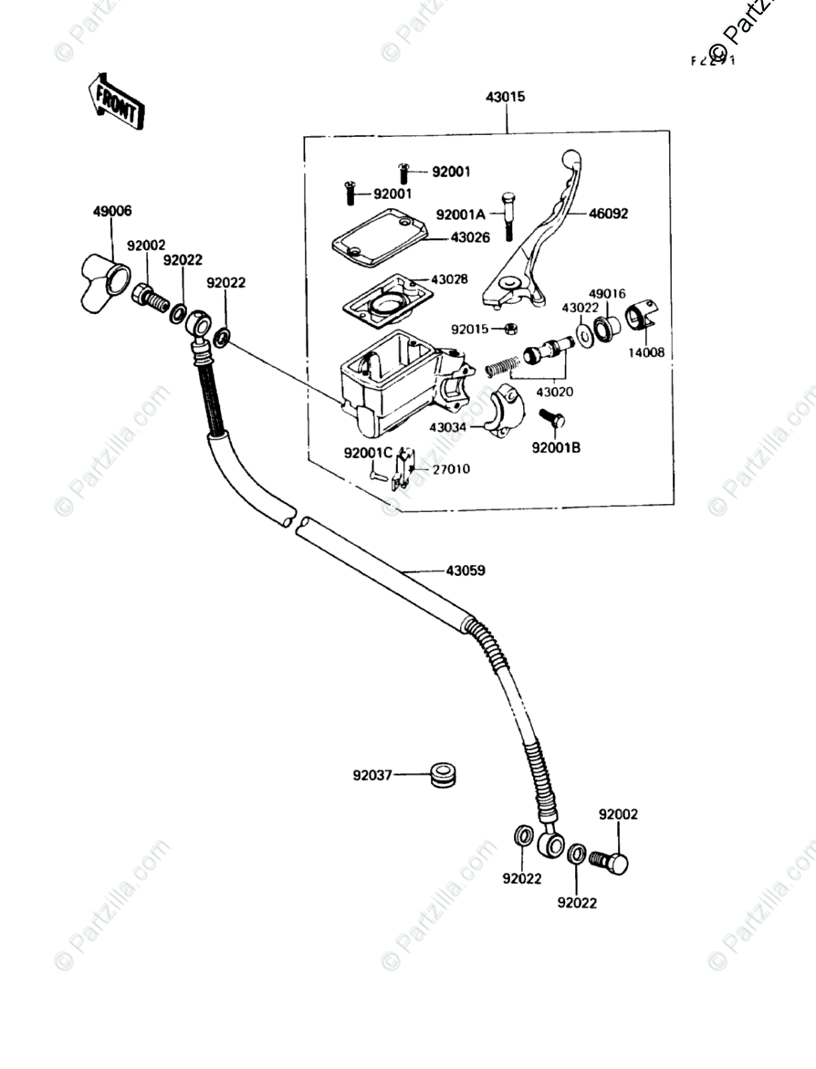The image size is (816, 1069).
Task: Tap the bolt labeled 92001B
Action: click(x=553, y=421)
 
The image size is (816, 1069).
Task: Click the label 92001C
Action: click(x=368, y=453)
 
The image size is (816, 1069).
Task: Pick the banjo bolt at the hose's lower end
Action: click(x=610, y=861)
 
